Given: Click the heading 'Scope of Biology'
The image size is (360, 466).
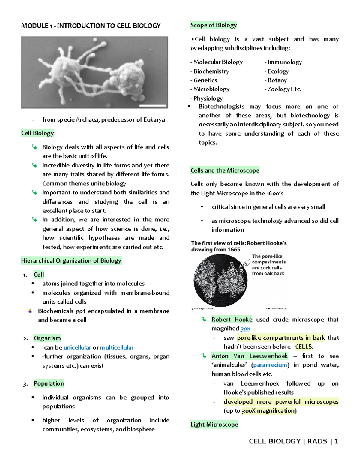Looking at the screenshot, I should coord(214,25).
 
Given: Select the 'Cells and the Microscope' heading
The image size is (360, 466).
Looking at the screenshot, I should coord(225,170).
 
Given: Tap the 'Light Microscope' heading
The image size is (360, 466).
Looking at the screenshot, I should coord(214,425).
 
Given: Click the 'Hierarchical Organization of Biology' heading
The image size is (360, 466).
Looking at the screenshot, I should coord(71,261).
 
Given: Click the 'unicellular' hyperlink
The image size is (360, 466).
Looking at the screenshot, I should coord(77,347).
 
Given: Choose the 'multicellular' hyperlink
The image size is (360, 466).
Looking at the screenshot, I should coord(117,347).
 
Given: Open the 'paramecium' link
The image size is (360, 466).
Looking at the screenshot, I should coord(270,365).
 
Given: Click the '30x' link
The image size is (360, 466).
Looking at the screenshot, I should coord(245,329).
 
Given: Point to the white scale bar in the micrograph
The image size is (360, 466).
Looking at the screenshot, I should coord(153,106).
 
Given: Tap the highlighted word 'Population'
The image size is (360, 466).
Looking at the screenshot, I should coord(49,383).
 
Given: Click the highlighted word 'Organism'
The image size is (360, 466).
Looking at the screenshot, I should coord(47,338).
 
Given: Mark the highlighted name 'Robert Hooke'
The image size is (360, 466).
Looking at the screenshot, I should coord(232,320).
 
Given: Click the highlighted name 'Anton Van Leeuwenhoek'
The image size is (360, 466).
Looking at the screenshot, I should coord(249,356).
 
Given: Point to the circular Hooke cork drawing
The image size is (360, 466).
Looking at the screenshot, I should coord(220,280).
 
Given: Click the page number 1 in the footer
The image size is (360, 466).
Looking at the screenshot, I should coord(336,441).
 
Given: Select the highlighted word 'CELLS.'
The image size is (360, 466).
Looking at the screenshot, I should coord(304,347).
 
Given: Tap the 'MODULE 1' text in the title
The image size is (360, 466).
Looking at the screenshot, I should coord(35,26).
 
